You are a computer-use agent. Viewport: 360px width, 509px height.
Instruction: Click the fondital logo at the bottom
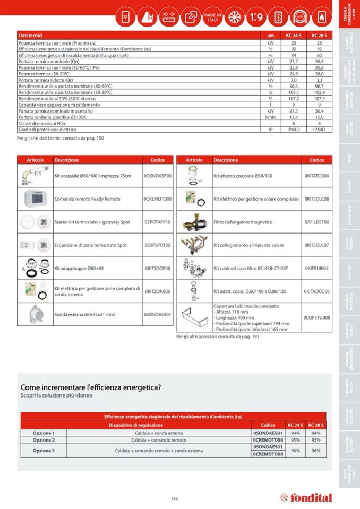[x=306, y=498]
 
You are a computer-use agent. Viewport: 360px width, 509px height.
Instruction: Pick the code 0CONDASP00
[x=158, y=176]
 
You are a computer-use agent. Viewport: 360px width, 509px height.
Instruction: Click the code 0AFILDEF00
[x=317, y=222]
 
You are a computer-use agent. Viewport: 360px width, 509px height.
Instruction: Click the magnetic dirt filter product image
[x=195, y=222]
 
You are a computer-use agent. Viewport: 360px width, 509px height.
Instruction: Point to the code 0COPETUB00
[x=317, y=318]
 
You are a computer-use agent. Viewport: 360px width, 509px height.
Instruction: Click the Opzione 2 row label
[x=44, y=440]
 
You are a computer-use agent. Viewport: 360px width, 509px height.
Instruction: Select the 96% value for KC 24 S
[x=295, y=451]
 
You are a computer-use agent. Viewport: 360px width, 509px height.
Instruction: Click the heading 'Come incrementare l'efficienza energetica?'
[x=91, y=387]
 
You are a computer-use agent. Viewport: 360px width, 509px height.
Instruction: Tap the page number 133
[x=175, y=498]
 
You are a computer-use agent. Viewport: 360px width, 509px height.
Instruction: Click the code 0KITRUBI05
[x=317, y=269]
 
